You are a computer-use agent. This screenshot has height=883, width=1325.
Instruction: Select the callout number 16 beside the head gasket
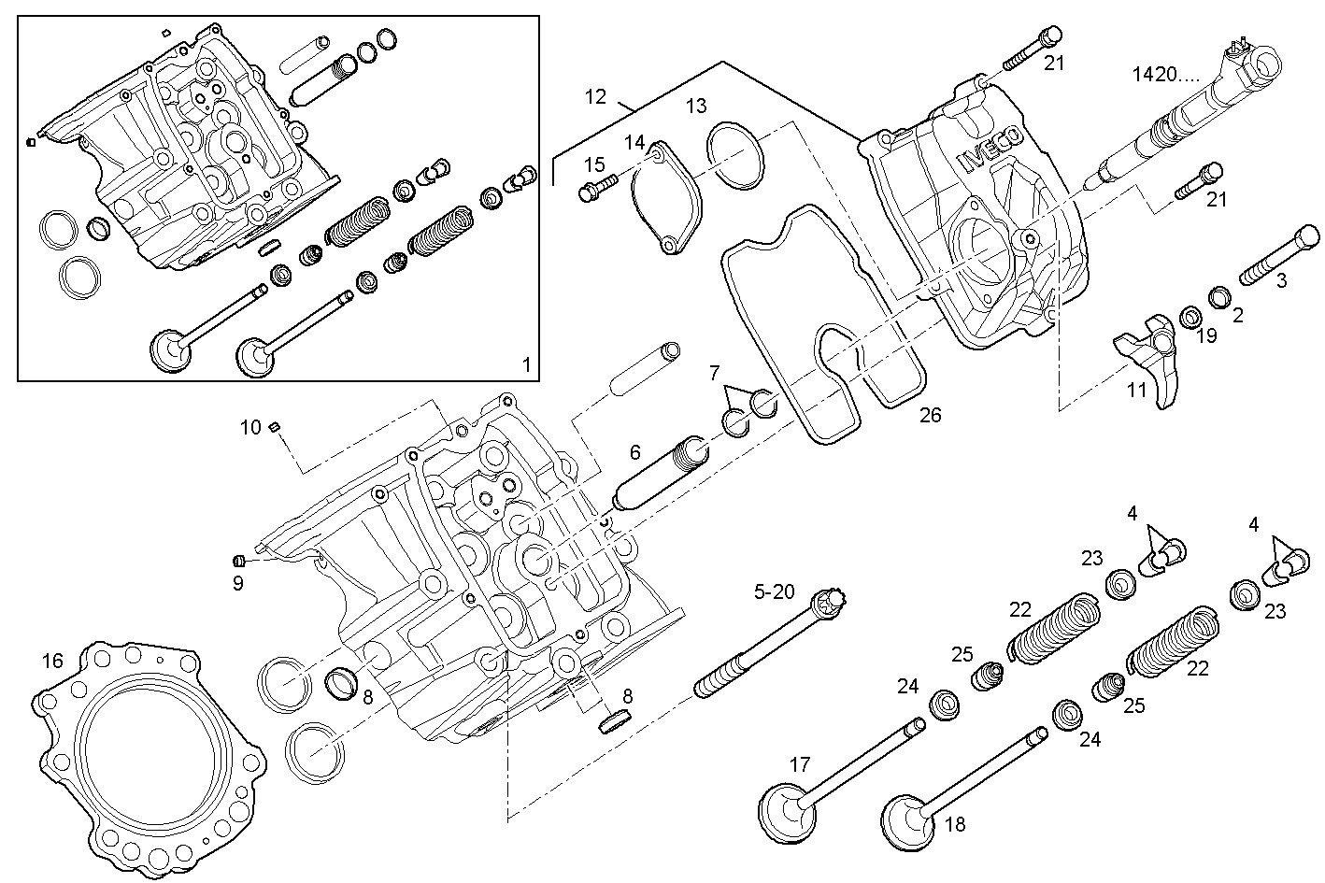pos(52,662)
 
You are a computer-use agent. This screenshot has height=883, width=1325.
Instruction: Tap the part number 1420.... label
pos(1166,73)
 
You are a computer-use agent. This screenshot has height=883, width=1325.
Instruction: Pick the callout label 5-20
pos(775,591)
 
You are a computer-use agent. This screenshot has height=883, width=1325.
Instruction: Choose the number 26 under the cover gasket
pos(930,415)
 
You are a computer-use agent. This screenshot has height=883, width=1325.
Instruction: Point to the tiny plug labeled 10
pos(275,427)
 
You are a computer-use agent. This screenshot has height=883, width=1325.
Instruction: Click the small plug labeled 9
pos(238,561)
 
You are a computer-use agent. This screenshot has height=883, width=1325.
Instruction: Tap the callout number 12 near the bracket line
pos(596,95)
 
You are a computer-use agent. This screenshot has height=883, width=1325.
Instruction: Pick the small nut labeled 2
pos(1218,298)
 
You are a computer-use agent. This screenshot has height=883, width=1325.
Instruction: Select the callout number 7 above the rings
pos(714,373)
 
